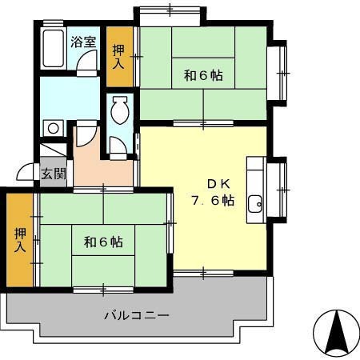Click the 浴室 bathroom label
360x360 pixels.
point(83,42)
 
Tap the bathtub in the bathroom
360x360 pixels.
point(54,48)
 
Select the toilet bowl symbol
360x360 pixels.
point(120,110)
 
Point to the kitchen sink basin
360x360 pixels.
point(255,204)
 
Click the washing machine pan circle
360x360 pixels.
point(54,128)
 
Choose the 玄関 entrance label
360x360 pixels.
point(54,174)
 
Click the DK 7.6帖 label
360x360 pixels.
point(213,192)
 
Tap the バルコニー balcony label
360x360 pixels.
point(137,316)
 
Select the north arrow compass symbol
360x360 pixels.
point(337,332)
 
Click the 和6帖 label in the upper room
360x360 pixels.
point(203,76)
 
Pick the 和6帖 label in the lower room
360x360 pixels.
point(103,242)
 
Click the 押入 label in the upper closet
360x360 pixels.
point(118,57)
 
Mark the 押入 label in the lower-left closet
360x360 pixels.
point(20,240)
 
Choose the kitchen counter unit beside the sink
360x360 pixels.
point(256,190)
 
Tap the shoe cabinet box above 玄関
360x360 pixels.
point(54,150)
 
